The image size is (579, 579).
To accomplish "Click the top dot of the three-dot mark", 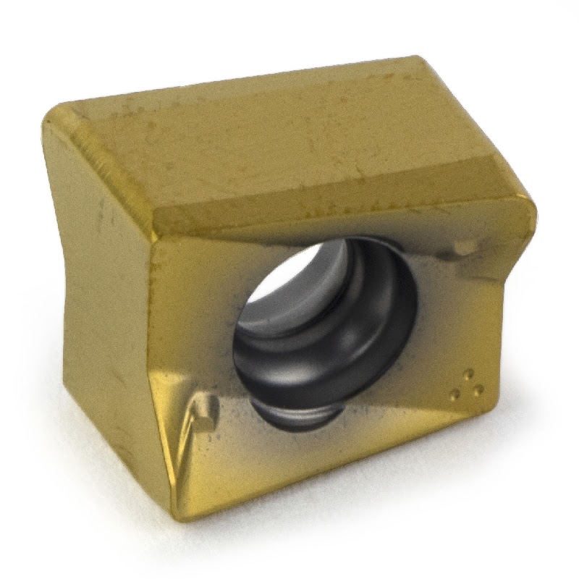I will click(x=466, y=376).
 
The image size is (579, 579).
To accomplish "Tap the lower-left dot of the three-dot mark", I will click(x=455, y=394).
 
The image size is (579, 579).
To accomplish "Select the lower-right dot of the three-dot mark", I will click(x=478, y=391).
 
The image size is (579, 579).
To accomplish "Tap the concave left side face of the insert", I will click(x=109, y=311).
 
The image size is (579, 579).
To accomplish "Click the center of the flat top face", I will click(x=289, y=138).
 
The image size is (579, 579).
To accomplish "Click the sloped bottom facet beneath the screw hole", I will click(x=326, y=463).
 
